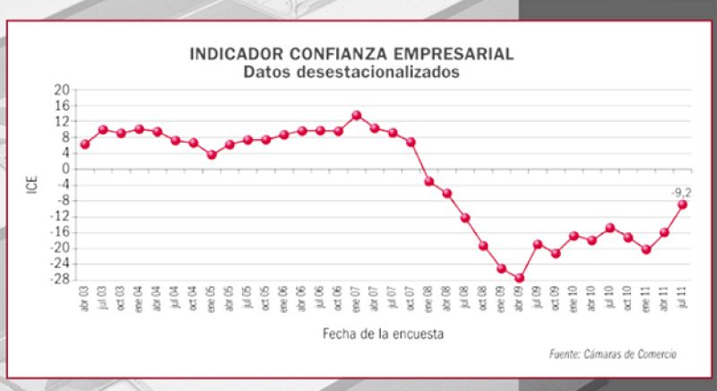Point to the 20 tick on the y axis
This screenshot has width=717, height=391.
(62, 90)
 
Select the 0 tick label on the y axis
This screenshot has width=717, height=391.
(65, 169)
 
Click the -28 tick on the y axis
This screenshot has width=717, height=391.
(59, 279)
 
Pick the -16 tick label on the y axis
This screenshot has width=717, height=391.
(59, 231)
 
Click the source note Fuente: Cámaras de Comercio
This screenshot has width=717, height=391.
(612, 354)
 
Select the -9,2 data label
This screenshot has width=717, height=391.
(680, 191)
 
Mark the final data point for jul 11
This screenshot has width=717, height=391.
(682, 204)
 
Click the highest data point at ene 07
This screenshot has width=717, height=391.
(356, 115)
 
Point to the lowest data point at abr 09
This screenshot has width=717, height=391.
(519, 278)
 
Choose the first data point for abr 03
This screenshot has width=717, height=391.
(85, 143)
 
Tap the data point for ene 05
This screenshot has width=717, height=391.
(212, 154)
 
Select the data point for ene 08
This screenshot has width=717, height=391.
(428, 181)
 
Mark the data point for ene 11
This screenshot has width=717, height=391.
(645, 249)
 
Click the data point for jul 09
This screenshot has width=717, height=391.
(538, 244)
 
